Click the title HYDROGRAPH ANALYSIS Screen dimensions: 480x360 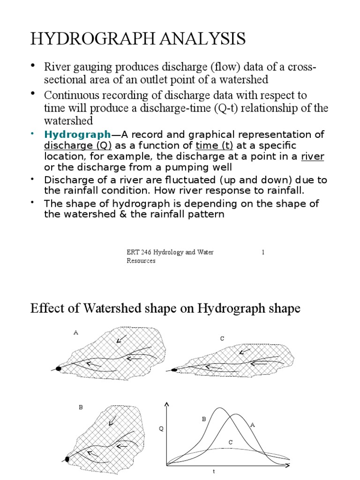(138, 39)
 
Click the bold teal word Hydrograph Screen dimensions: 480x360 (77, 135)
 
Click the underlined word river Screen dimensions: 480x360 (312, 156)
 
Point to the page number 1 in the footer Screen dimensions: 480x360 (263, 253)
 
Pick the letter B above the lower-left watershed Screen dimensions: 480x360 (81, 408)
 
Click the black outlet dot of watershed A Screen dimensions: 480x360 (59, 369)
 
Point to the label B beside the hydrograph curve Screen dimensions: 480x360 (204, 419)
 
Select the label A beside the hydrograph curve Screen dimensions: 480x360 (252, 425)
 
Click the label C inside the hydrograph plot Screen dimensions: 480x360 (230, 442)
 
